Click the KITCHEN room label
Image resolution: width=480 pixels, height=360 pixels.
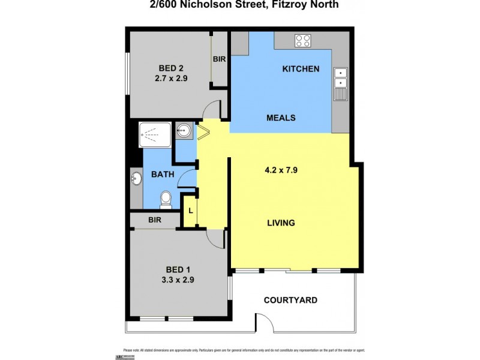pyautogui.click(x=301, y=69)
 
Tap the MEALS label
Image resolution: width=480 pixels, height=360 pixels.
pyautogui.click(x=281, y=118)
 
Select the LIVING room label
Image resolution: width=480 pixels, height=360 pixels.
pyautogui.click(x=281, y=223)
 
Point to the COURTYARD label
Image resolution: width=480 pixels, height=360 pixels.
pyautogui.click(x=291, y=300)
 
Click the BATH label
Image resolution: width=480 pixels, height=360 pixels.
pyautogui.click(x=162, y=175)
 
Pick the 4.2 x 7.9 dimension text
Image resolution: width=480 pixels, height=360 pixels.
pyautogui.click(x=281, y=170)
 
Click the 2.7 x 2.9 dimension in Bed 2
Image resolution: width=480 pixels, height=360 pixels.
pyautogui.click(x=172, y=77)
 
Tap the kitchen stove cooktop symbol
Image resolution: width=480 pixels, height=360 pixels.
pyautogui.click(x=303, y=41)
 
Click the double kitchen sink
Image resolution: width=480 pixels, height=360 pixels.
pyautogui.click(x=341, y=79)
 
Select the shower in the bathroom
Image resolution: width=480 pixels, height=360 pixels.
pyautogui.click(x=155, y=135)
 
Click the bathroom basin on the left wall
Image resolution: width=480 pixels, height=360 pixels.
pyautogui.click(x=136, y=178)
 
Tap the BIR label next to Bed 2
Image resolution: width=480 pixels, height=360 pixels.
pyautogui.click(x=220, y=59)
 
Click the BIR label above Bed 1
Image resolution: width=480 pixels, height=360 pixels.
pyautogui.click(x=155, y=220)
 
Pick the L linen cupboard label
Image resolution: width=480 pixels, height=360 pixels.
pyautogui.click(x=190, y=211)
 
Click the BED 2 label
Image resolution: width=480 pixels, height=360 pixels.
pyautogui.click(x=172, y=67)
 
